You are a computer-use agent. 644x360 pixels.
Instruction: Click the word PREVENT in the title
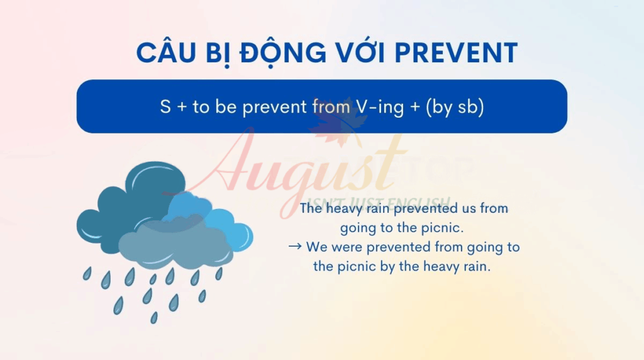click(x=456, y=53)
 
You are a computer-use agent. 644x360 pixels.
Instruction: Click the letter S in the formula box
click(x=165, y=107)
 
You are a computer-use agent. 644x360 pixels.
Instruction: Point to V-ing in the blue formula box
click(x=380, y=107)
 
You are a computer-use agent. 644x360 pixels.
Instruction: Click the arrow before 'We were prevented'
click(x=295, y=247)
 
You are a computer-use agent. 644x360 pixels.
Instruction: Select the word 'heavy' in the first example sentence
click(x=339, y=209)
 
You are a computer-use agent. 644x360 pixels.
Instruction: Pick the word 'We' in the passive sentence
click(x=316, y=247)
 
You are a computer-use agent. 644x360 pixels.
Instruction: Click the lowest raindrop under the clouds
click(x=154, y=317)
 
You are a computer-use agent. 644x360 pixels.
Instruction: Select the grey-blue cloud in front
click(x=176, y=245)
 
